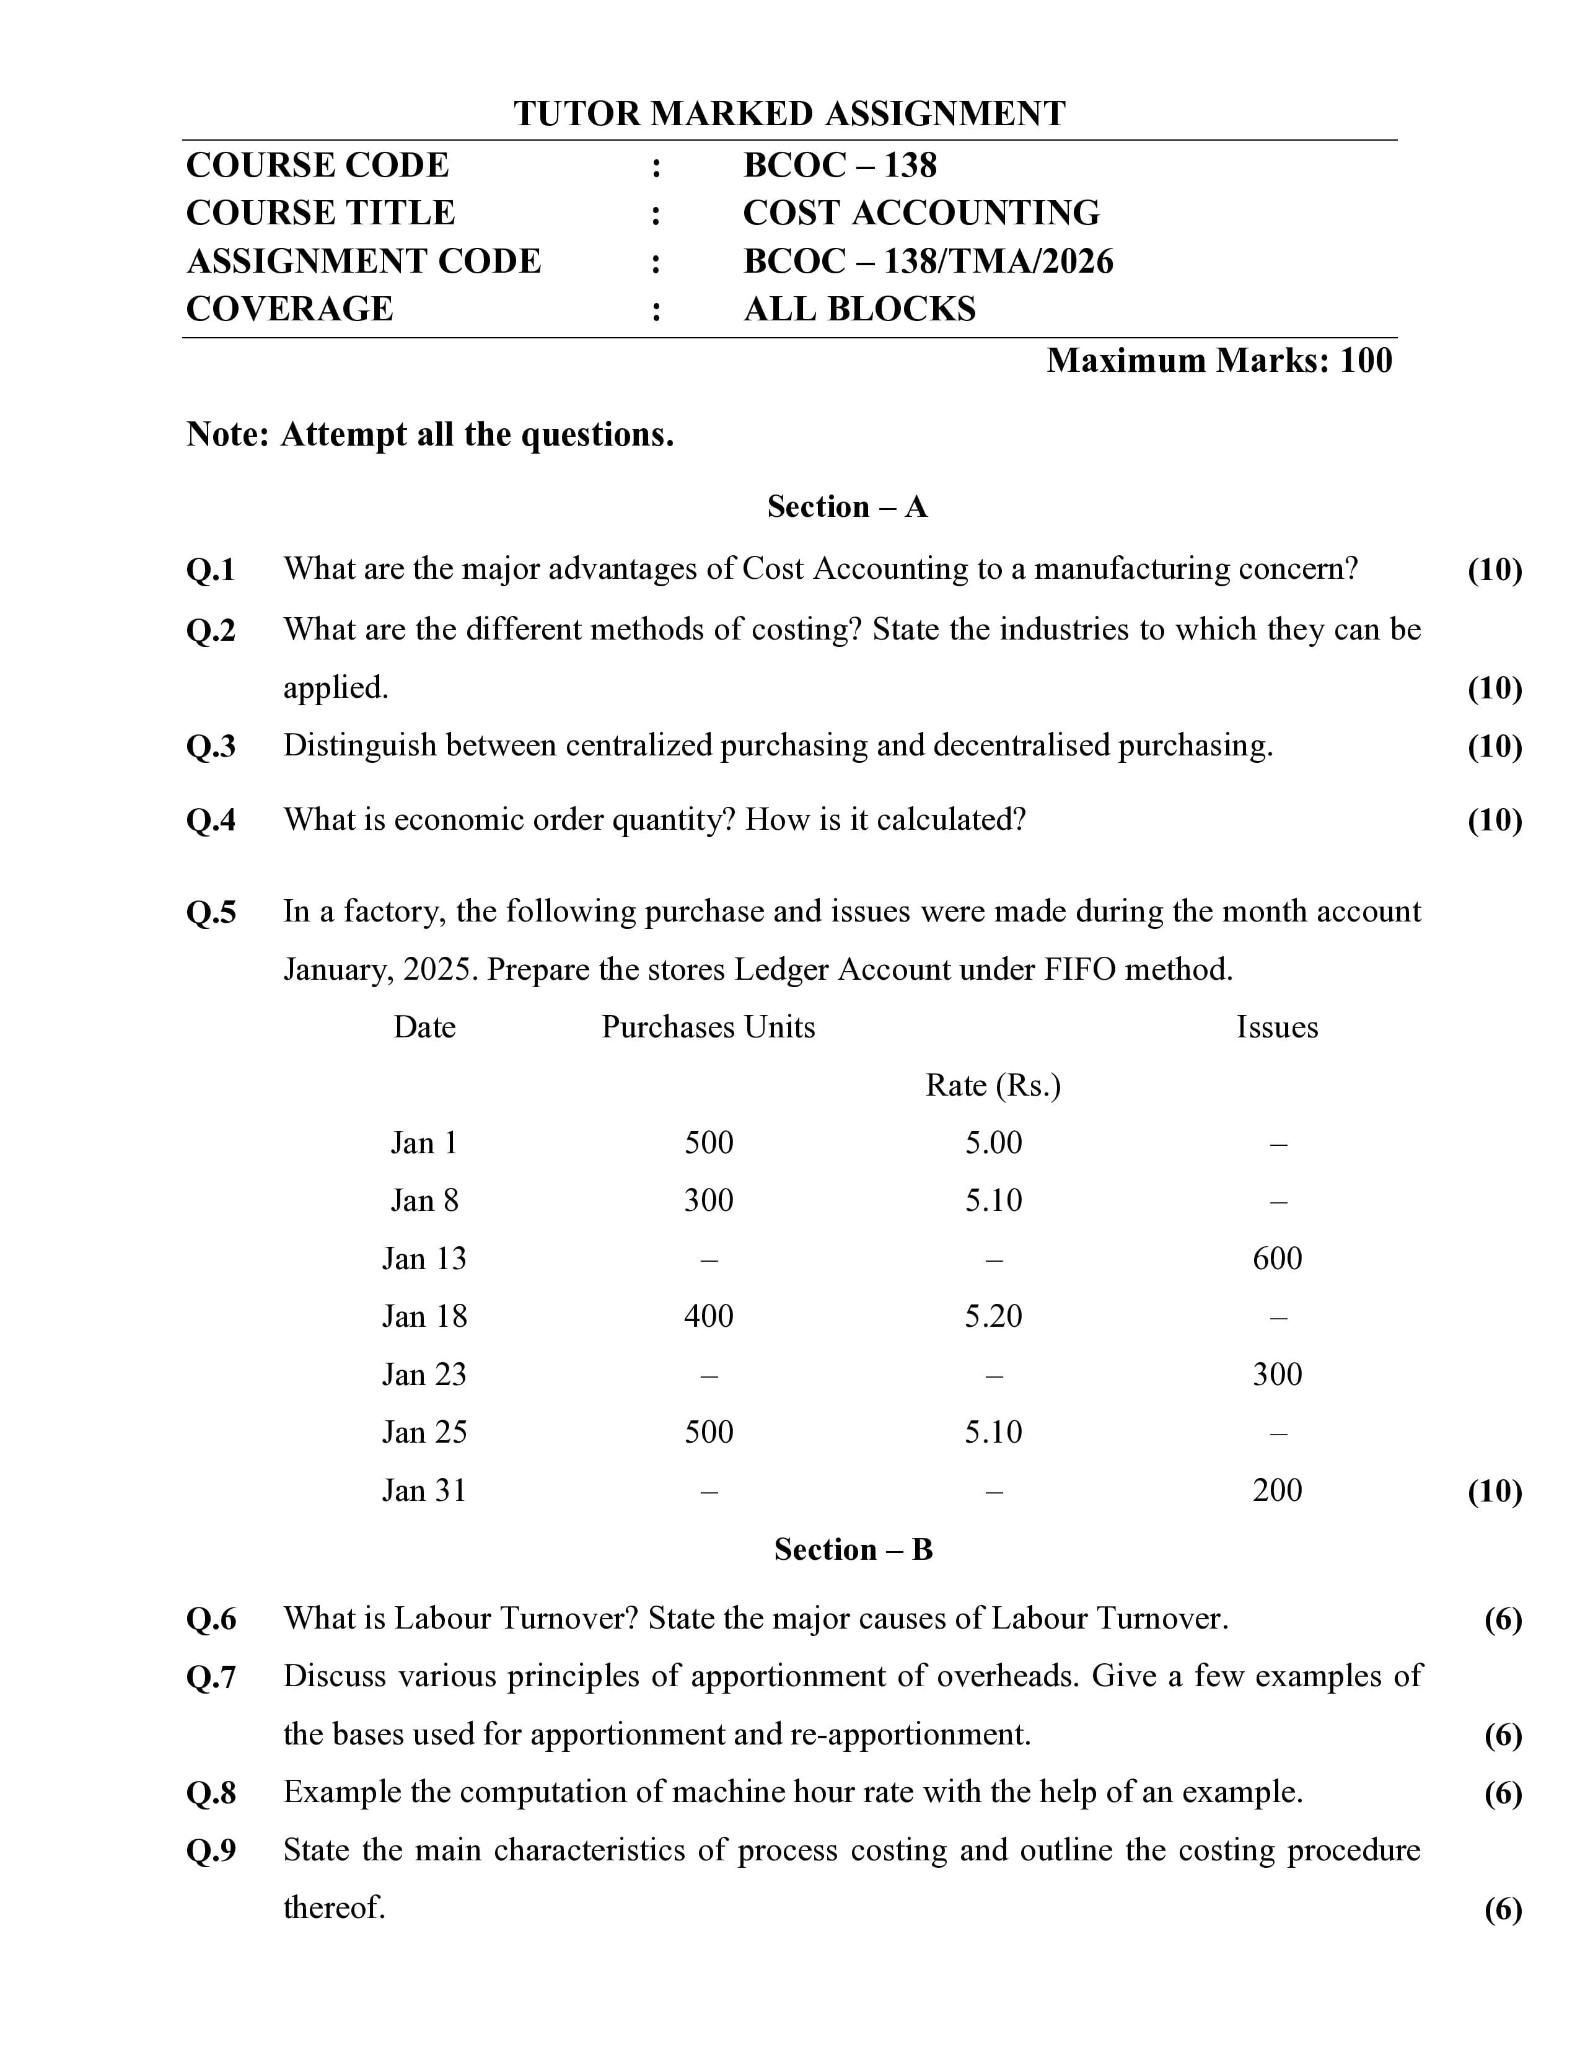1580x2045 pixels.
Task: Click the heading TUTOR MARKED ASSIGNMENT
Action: [x=789, y=114]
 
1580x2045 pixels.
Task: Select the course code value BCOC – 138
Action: [x=840, y=165]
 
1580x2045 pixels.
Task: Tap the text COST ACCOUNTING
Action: [x=921, y=214]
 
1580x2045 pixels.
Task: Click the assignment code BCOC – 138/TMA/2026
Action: [x=928, y=262]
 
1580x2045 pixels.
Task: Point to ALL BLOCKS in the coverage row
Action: [x=859, y=309]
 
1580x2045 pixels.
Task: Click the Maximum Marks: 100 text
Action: [x=1219, y=361]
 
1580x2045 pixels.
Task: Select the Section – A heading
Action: [x=847, y=506]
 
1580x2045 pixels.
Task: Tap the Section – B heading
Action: [x=853, y=1550]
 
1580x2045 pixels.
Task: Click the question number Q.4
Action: [x=211, y=820]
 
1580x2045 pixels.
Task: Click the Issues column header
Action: [x=1277, y=1027]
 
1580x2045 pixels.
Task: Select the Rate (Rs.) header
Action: [x=993, y=1085]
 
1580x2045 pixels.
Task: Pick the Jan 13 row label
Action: [x=424, y=1259]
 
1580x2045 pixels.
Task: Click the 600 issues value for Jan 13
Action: [x=1277, y=1259]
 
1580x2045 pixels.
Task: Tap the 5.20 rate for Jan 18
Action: [x=993, y=1316]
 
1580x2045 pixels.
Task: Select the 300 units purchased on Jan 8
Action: [x=709, y=1200]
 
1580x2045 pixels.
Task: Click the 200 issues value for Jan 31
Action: [x=1277, y=1490]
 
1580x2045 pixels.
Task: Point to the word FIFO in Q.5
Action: [x=1080, y=969]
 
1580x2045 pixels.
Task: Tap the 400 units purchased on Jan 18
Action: [x=709, y=1316]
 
